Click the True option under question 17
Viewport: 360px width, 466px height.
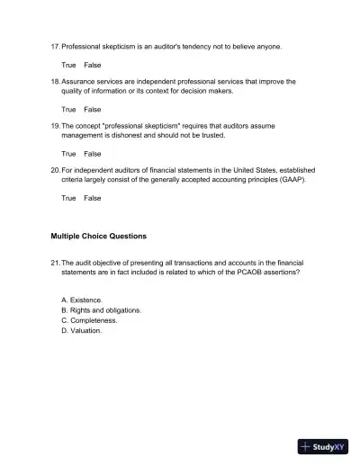tap(68, 66)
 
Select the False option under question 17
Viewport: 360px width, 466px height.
tap(93, 66)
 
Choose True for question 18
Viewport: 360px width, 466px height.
tap(68, 110)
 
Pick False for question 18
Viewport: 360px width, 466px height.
tap(93, 110)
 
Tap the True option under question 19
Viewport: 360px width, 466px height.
tap(68, 154)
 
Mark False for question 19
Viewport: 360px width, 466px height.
tap(93, 154)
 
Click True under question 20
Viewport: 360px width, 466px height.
tap(68, 198)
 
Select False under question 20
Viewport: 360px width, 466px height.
tap(93, 198)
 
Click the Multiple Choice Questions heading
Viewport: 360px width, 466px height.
tap(99, 237)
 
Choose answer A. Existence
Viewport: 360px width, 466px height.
tap(82, 300)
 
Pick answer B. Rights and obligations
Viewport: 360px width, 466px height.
tap(101, 310)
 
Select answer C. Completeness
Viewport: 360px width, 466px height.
tap(89, 320)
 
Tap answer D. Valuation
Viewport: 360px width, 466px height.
tap(82, 331)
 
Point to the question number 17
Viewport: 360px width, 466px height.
tap(55, 46)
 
